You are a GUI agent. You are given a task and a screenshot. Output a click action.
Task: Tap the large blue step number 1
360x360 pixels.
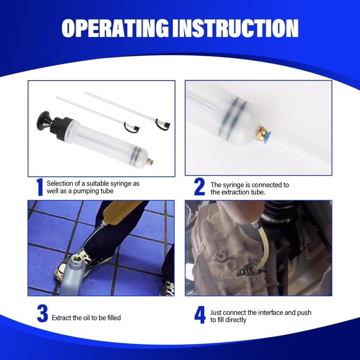[40, 187]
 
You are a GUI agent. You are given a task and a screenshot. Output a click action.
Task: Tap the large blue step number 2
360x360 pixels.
[199, 187]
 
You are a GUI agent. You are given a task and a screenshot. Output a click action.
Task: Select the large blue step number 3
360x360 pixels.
[42, 314]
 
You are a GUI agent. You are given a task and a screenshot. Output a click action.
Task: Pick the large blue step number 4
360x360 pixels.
[200, 315]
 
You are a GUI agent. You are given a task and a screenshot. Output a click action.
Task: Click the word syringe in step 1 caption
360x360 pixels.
[121, 184]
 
